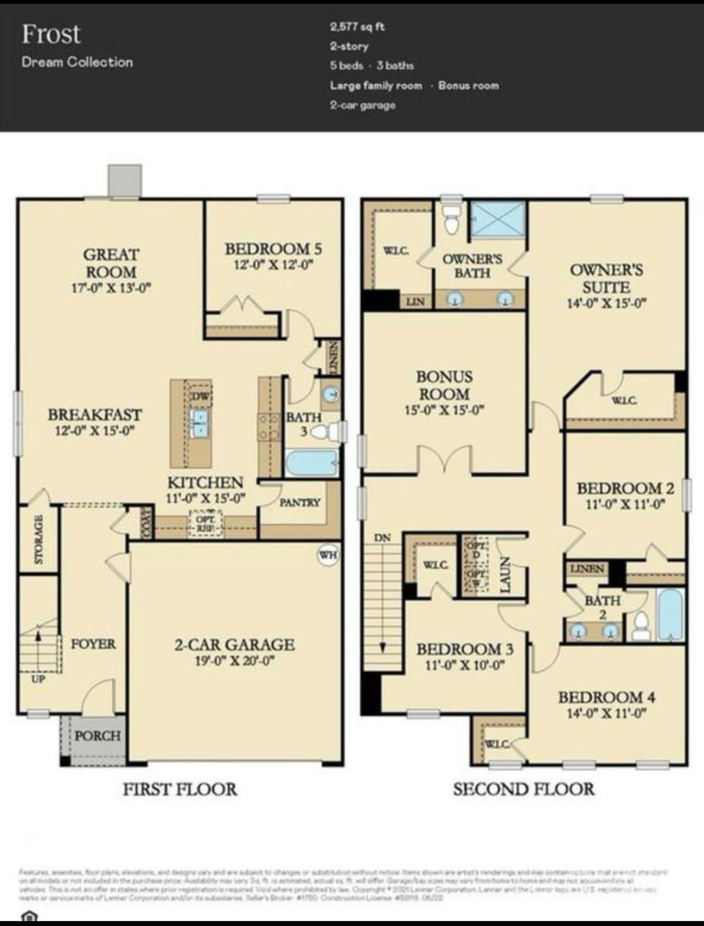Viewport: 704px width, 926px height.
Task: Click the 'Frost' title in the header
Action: [x=51, y=34]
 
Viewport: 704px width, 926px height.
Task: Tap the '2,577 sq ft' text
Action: [x=357, y=27]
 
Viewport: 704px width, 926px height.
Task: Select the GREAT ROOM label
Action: [x=110, y=263]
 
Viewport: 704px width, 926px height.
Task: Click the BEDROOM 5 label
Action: [x=273, y=248]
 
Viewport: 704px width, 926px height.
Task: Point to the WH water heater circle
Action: [x=328, y=555]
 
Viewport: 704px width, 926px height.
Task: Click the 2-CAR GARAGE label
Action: [x=234, y=644]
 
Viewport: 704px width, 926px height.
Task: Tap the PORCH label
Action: [x=98, y=735]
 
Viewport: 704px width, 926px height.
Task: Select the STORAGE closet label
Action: [x=39, y=540]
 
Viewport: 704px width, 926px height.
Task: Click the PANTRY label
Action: [x=300, y=502]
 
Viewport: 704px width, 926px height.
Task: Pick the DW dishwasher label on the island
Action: [x=200, y=396]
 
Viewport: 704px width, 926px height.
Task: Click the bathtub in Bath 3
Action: [x=311, y=463]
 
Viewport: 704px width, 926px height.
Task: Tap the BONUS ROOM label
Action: [x=444, y=385]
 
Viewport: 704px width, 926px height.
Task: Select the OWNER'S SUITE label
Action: [x=606, y=279]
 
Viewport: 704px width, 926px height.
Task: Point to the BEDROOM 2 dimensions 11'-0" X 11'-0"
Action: [x=625, y=504]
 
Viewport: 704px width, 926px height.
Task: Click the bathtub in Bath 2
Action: [x=670, y=615]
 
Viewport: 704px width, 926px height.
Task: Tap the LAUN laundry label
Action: [x=505, y=574]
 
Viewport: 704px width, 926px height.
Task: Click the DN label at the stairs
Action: [x=382, y=537]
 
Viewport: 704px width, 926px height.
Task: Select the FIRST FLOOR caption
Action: [x=180, y=789]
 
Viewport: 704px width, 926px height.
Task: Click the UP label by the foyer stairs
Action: [x=38, y=679]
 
